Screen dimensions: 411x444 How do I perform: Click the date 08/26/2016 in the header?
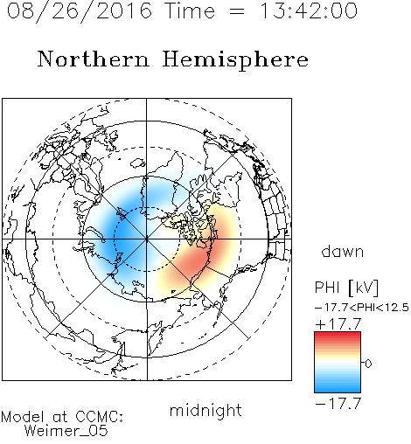click(80, 11)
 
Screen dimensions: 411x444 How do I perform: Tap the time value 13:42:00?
click(309, 10)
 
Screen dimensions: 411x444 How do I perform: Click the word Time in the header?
click(190, 10)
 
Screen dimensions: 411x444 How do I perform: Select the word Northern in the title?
click(93, 59)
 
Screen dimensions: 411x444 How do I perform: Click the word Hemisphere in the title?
click(235, 59)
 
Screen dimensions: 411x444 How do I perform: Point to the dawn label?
click(343, 251)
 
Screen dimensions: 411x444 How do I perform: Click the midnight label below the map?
click(205, 410)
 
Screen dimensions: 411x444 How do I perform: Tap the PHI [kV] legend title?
click(347, 288)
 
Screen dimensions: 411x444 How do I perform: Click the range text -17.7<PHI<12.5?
click(362, 308)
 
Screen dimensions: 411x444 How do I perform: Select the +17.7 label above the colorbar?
click(338, 324)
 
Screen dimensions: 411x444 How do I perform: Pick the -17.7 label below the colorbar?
click(338, 404)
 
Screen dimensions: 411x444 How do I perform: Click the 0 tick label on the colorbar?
click(368, 364)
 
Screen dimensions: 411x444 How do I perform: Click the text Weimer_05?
click(66, 431)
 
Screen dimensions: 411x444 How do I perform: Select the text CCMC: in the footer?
click(99, 417)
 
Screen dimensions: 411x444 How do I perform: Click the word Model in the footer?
click(23, 417)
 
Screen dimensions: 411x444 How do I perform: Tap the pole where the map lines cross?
click(147, 239)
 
